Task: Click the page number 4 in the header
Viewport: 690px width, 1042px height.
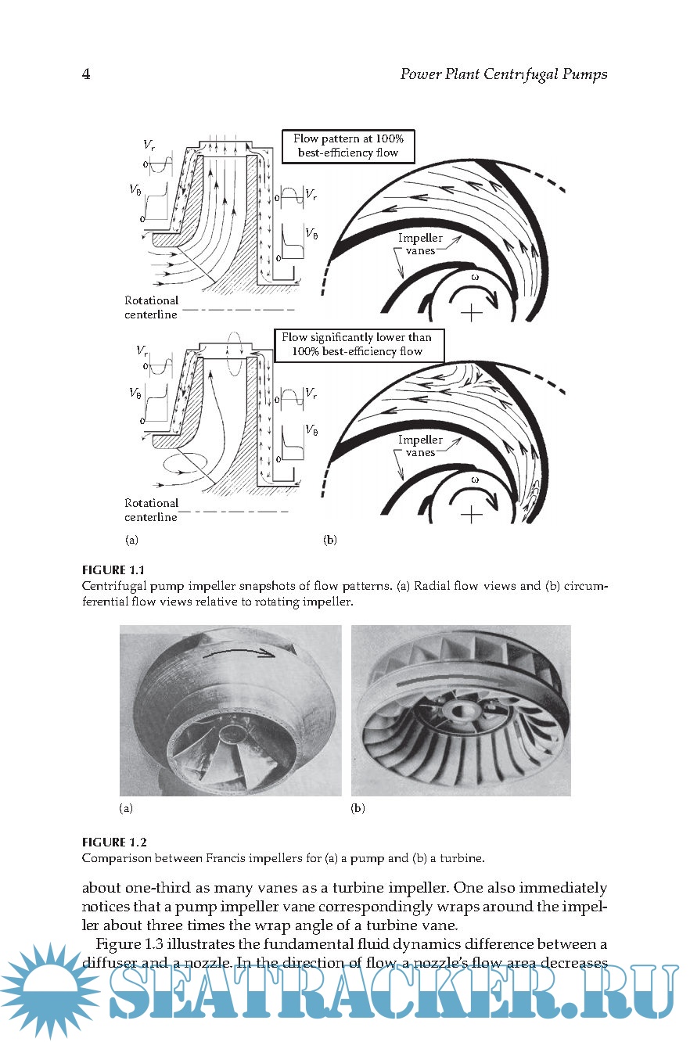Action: tap(86, 75)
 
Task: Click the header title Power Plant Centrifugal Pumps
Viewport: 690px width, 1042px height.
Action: tap(503, 75)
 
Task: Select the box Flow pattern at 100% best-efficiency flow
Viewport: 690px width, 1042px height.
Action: tap(348, 146)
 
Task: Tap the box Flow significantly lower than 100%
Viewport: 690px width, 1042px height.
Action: tap(357, 344)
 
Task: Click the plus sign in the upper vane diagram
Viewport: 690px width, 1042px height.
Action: tap(472, 313)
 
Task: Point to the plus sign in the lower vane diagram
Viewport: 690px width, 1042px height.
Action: tap(472, 514)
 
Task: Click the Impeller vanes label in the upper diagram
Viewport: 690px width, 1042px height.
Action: tap(420, 244)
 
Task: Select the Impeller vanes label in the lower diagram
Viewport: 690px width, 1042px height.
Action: tap(420, 446)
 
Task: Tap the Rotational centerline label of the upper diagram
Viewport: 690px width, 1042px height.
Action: tap(151, 307)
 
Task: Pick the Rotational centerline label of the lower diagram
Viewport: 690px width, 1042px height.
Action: tap(151, 509)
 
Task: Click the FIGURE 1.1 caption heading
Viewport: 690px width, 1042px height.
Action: tap(114, 570)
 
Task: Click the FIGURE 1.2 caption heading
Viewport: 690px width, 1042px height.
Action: tap(115, 842)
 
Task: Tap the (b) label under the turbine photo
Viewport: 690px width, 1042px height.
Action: tap(358, 808)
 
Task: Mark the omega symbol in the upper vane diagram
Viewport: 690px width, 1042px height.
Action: tap(474, 278)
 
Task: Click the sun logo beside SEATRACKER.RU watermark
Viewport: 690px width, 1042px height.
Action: tap(51, 991)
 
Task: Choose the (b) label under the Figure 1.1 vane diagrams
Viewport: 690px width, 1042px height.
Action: tap(330, 540)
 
